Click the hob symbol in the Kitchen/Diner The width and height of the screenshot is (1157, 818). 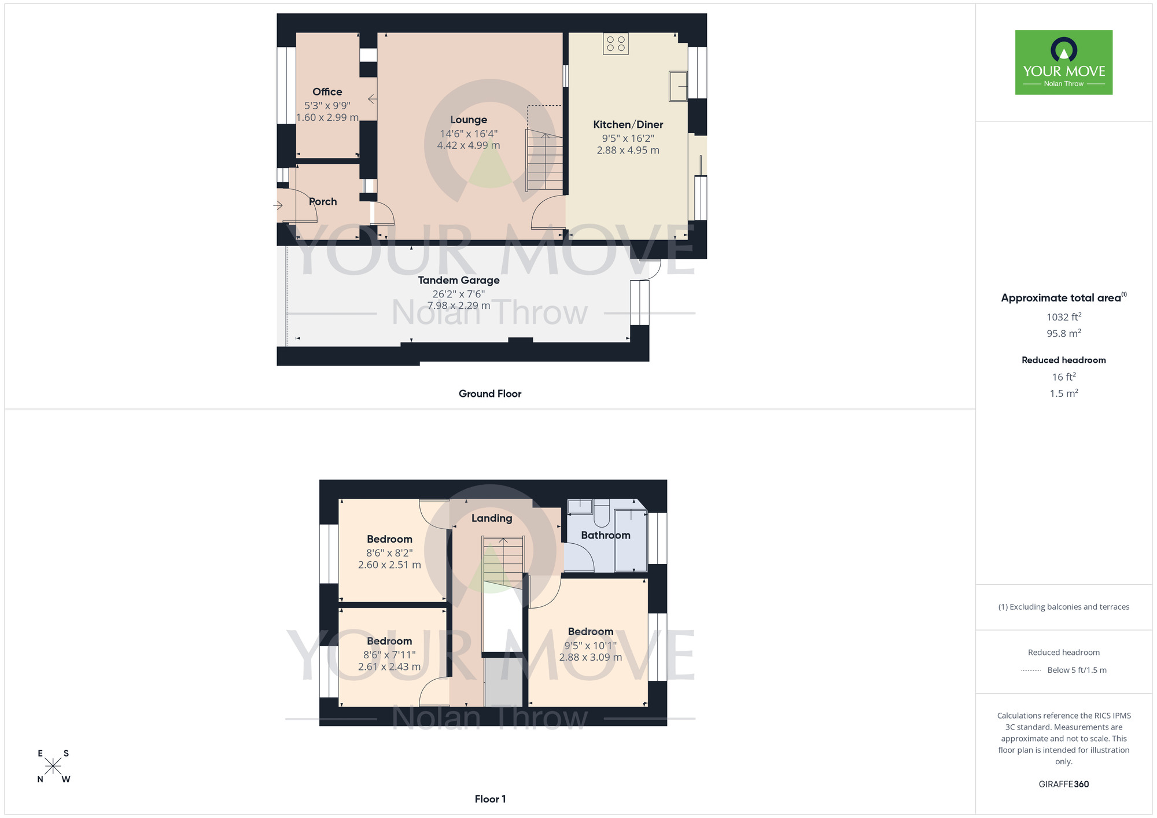click(616, 43)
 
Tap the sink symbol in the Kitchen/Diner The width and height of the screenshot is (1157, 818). click(678, 86)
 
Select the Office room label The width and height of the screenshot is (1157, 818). click(327, 92)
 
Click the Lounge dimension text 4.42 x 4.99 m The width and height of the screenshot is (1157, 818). click(468, 146)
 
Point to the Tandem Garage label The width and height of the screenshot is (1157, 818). click(459, 281)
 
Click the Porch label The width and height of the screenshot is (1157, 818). click(323, 202)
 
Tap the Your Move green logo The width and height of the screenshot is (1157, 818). click(1063, 62)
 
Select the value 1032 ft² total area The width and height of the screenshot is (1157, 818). click(1063, 317)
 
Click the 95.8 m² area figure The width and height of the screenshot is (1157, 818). click(1063, 334)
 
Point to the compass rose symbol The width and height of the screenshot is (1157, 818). click(53, 767)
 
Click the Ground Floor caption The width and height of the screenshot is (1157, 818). click(490, 394)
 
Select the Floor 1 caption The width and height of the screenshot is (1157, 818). click(490, 799)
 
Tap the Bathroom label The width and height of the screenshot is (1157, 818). click(605, 536)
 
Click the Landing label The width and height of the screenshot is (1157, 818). click(491, 518)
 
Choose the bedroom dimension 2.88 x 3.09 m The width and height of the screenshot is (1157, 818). click(590, 657)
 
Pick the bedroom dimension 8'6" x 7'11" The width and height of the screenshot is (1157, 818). click(389, 655)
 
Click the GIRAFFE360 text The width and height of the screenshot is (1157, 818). click(1063, 784)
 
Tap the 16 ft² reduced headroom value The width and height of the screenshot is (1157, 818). click(1063, 377)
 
